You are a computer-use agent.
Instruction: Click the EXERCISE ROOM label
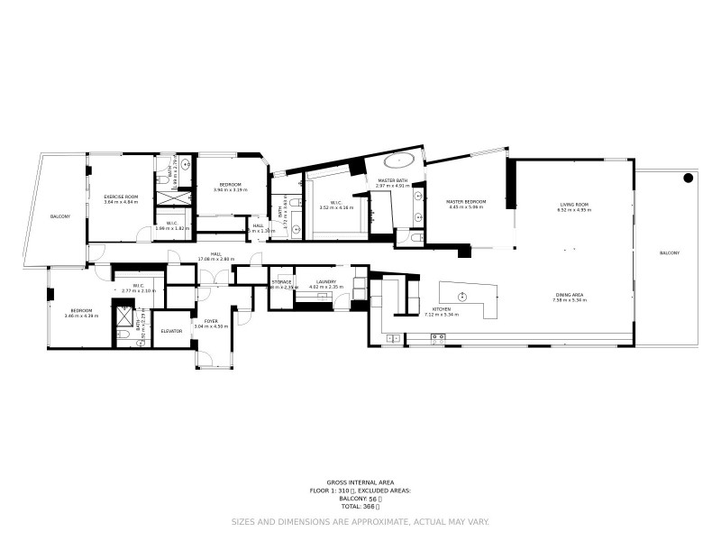click(x=120, y=197)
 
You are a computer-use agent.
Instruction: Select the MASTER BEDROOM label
click(x=467, y=201)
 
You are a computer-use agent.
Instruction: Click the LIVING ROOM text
click(x=574, y=205)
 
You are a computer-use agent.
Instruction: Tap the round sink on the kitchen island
click(x=462, y=298)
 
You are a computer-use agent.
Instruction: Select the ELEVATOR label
click(x=171, y=331)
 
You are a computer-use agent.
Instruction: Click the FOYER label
click(x=210, y=321)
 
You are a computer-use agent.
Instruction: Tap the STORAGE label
click(x=281, y=281)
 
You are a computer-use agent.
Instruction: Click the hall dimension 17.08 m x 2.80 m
click(x=216, y=259)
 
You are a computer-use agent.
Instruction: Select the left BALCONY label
click(x=60, y=216)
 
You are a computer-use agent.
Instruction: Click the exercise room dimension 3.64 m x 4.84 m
click(x=120, y=202)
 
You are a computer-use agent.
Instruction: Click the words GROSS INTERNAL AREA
click(x=360, y=482)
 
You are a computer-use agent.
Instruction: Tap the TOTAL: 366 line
click(x=360, y=506)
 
